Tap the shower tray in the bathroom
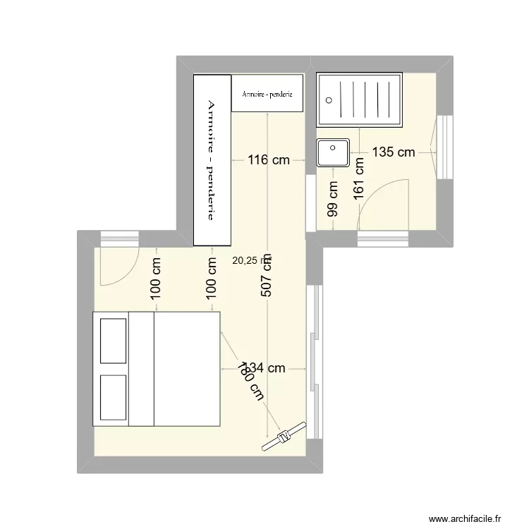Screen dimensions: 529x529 pyautogui.click(x=360, y=99)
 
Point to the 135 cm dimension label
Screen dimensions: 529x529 pyautogui.click(x=393, y=152)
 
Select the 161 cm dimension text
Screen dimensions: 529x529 pyautogui.click(x=359, y=179)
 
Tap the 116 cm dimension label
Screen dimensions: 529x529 pyautogui.click(x=269, y=160)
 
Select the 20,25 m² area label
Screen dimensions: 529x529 pyautogui.click(x=250, y=260)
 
